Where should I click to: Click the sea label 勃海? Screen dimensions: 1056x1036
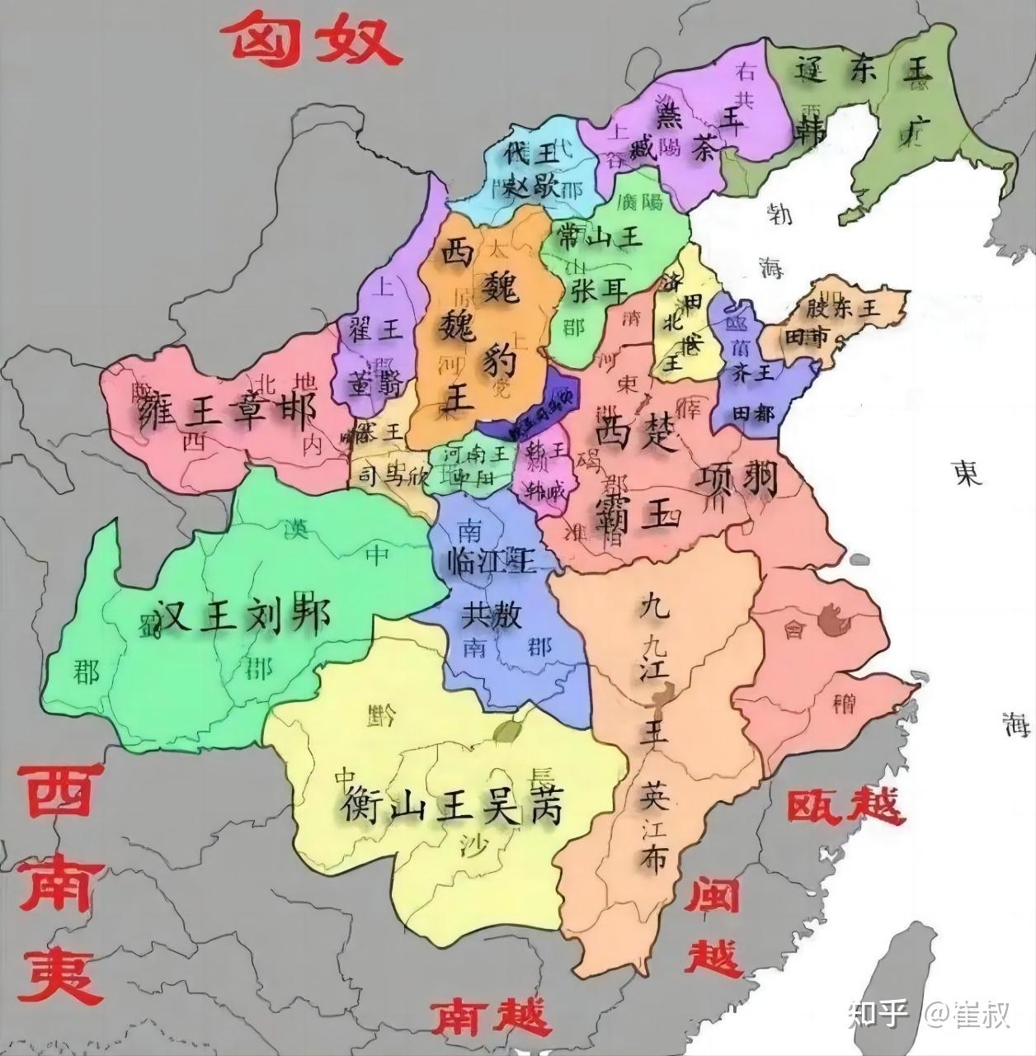pos(776,239)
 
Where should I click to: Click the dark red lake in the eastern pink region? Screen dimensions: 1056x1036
pos(835,616)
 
